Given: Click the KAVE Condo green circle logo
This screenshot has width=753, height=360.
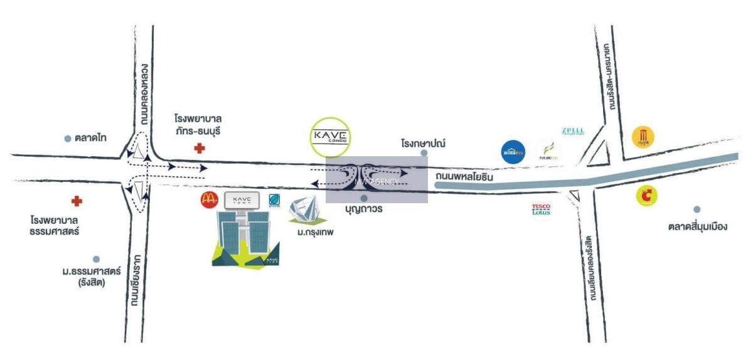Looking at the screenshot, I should (331, 137).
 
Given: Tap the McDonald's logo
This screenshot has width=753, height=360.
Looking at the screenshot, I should (209, 199).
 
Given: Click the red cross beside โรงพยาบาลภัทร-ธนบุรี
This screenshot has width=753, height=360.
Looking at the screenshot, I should (200, 149).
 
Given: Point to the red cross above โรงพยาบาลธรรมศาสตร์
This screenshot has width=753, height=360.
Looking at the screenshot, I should (77, 201).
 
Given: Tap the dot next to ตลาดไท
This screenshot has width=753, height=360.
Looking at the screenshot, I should (68, 139).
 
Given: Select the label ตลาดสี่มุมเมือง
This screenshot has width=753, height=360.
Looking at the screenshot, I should (697, 226).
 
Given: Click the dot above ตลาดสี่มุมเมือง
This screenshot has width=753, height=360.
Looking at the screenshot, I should (697, 209).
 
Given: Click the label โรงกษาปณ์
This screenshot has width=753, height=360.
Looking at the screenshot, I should (423, 143).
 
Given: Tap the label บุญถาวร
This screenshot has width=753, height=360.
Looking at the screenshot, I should (363, 208).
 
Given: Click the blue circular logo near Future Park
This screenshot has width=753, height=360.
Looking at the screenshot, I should (513, 152).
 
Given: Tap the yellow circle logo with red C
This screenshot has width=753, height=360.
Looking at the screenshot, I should (646, 196).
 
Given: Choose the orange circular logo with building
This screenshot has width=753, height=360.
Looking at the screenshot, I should (643, 136).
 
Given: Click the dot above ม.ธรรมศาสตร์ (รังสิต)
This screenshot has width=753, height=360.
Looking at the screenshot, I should (96, 259).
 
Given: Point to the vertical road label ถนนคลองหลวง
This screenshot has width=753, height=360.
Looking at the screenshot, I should (145, 95).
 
